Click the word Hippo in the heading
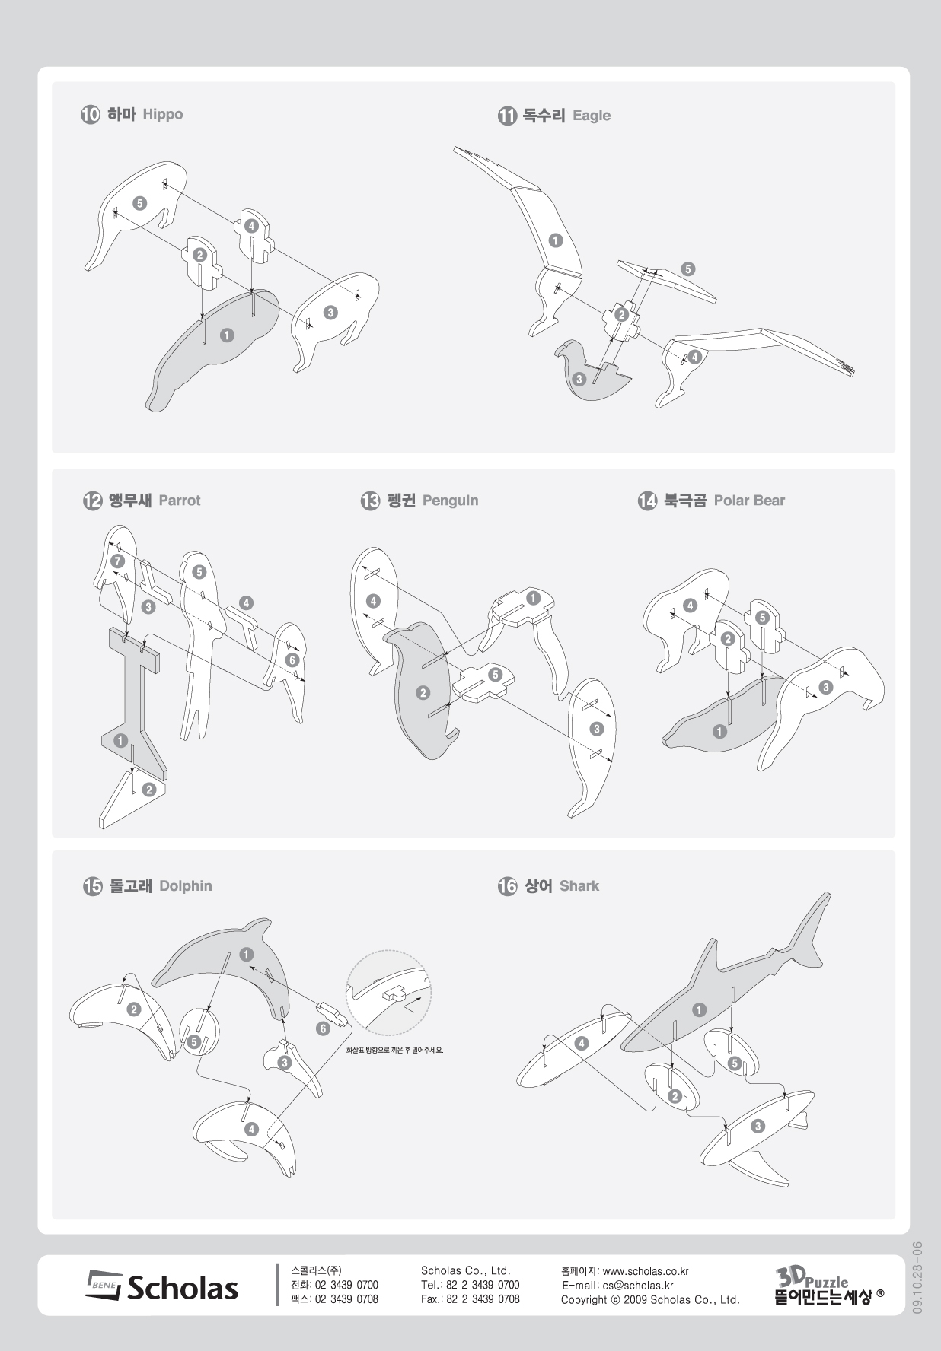163,115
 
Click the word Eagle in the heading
592,116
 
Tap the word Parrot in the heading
180,501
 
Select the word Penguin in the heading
451,501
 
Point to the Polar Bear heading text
749,501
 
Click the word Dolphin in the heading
186,886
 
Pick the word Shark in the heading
579,886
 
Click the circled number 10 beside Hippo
90,115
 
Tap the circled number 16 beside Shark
507,886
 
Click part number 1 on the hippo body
227,335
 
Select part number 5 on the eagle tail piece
688,269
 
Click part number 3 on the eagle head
579,378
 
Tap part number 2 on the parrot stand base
149,790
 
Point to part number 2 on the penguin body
423,692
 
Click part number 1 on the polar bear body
719,732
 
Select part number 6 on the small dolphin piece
324,1028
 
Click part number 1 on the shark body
699,1010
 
